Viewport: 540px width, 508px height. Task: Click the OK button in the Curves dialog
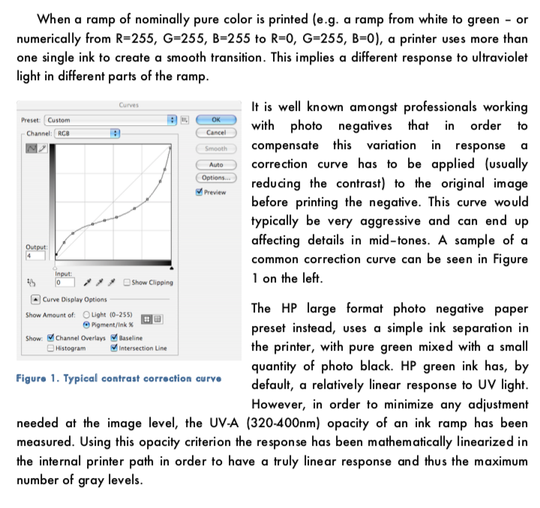click(216, 118)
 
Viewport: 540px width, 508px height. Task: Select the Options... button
click(216, 178)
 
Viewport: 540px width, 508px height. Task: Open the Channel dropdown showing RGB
click(85, 133)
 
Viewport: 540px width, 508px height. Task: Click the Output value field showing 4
click(34, 256)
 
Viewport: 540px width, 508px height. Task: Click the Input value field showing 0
click(65, 283)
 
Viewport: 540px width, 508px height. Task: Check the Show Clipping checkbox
click(127, 282)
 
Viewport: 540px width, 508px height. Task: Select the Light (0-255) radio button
click(87, 315)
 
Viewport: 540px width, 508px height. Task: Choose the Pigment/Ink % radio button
click(87, 324)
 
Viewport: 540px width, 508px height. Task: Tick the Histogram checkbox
click(50, 348)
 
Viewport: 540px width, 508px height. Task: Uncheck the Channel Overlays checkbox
click(50, 339)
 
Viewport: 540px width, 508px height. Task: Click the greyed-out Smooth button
click(216, 148)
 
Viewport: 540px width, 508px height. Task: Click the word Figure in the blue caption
click(32, 378)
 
